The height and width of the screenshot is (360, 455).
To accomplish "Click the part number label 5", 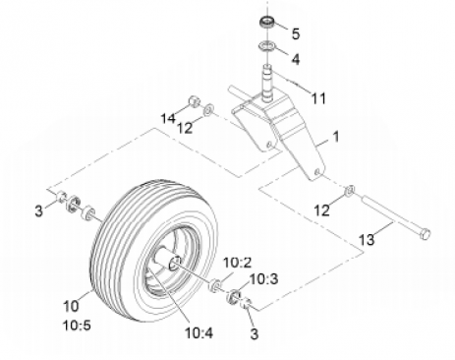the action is point(296,33).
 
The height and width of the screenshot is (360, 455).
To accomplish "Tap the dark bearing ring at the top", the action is point(267,23).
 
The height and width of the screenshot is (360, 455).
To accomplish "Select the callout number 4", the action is point(296,59).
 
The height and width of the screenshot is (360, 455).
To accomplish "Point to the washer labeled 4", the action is point(266,45).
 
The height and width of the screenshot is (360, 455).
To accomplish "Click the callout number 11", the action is point(318,98).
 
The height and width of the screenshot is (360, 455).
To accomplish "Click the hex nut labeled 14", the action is point(194,101).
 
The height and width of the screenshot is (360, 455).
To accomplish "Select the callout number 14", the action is point(168,118).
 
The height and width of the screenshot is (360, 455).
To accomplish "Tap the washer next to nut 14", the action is point(208,109).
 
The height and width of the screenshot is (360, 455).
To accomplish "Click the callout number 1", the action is point(336,137).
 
